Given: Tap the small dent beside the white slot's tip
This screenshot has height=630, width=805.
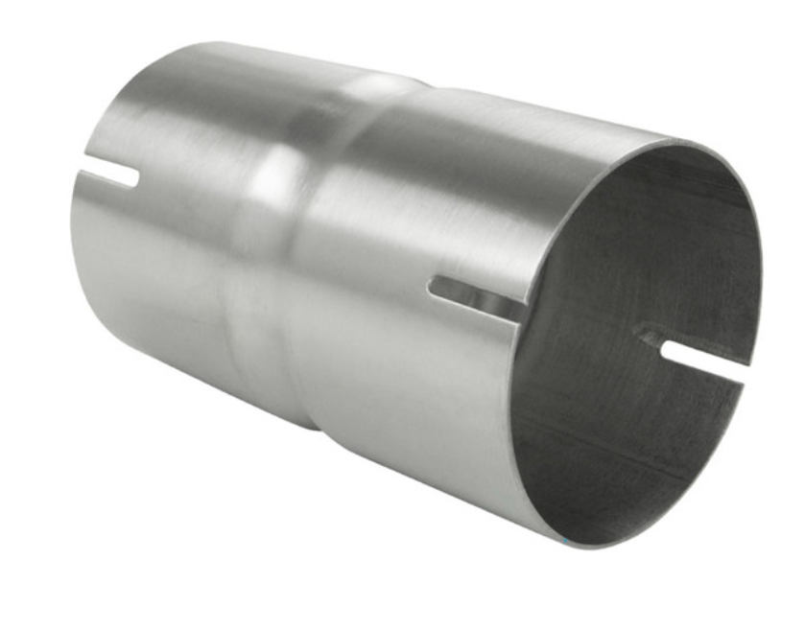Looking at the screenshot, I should pyautogui.click(x=651, y=337).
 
